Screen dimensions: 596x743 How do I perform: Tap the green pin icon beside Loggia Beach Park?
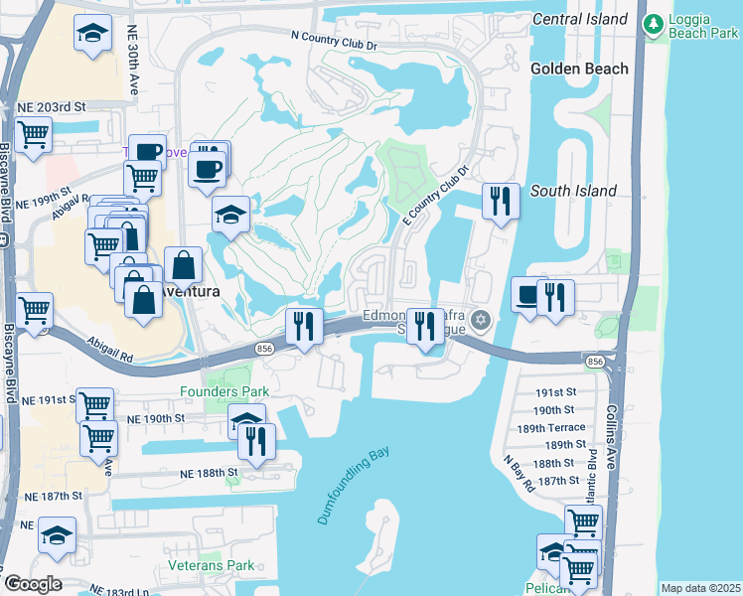[x=654, y=23]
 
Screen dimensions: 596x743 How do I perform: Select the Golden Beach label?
[x=579, y=69]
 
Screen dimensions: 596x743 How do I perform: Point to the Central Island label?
[x=579, y=19]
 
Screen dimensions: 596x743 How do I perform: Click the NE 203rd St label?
[x=53, y=106]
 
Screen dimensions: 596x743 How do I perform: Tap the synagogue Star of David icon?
[x=482, y=319]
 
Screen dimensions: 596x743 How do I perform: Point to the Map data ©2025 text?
[x=699, y=588]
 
